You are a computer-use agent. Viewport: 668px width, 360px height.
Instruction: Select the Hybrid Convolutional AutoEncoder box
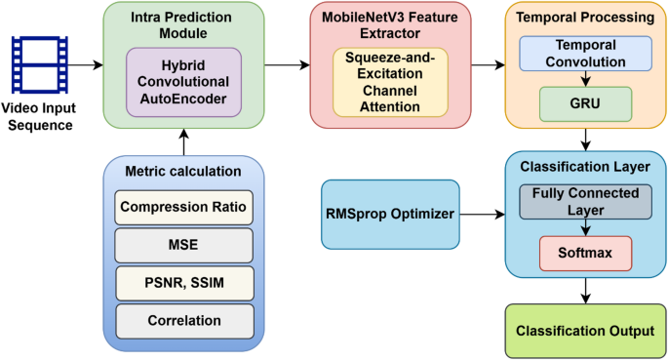[x=184, y=82]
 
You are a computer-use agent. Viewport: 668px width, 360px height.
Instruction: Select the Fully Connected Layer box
[x=585, y=202]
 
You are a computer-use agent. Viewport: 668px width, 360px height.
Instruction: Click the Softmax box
[x=585, y=253]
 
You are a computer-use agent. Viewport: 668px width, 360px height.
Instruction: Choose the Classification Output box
[x=585, y=331]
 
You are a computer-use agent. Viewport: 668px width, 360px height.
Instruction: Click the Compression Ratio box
[x=184, y=206]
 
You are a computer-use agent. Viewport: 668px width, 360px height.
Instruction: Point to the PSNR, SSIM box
[x=184, y=282]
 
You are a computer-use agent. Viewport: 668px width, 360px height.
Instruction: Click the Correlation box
[x=184, y=319]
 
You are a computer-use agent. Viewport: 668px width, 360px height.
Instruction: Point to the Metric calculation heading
[x=184, y=173]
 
